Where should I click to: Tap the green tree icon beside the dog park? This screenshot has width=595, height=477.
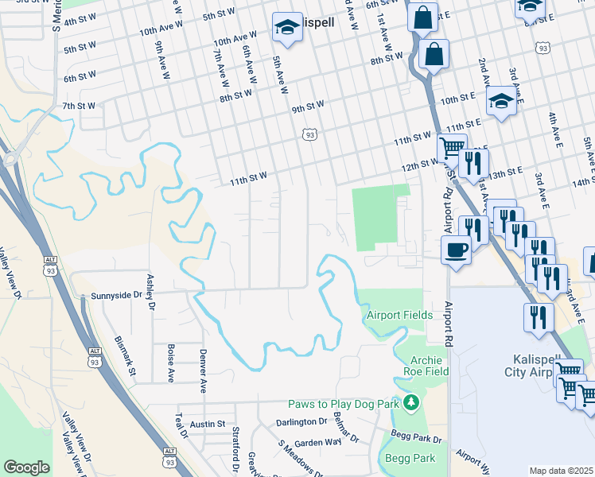click(x=410, y=404)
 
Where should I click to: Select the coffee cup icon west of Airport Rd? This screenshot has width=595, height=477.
click(x=456, y=250)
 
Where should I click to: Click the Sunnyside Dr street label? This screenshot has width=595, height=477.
click(x=115, y=295)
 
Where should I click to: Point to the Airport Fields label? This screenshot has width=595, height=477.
click(x=399, y=316)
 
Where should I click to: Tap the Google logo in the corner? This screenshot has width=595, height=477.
click(x=26, y=467)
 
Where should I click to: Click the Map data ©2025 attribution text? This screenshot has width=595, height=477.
click(x=561, y=471)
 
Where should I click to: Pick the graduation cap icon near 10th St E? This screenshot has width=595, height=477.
click(x=501, y=101)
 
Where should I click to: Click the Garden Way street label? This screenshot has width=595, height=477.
click(x=317, y=441)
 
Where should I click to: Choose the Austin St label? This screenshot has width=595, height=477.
click(x=208, y=425)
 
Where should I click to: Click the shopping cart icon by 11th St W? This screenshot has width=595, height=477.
click(x=450, y=147)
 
